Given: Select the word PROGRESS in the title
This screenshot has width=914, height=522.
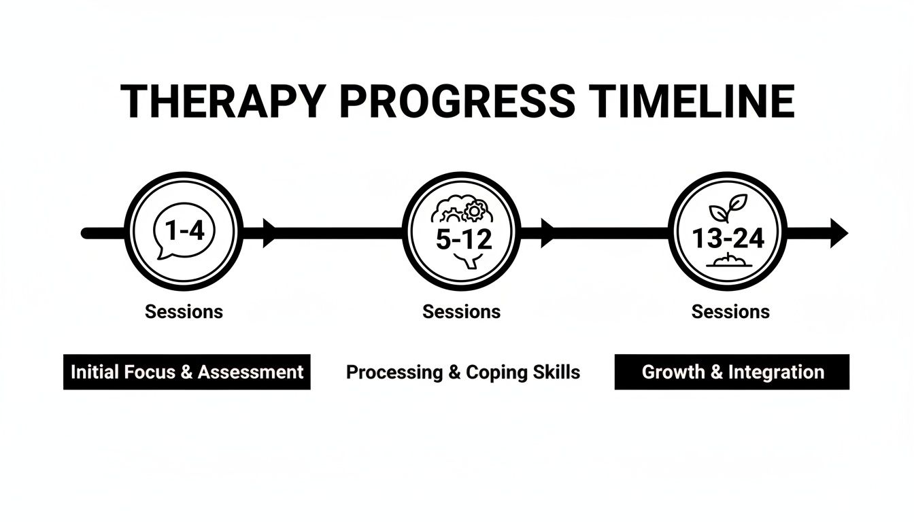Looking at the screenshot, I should pos(456,102).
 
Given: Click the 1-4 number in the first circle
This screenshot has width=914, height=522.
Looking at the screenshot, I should pos(184,232).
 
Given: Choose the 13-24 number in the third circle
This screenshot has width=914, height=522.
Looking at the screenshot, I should pos(728,238).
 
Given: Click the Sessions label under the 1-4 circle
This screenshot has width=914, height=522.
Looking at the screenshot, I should pos(184,312).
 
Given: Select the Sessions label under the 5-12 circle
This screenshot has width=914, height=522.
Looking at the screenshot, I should pos(461,312).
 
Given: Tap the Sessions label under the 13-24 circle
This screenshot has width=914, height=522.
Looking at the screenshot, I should pos(730,312).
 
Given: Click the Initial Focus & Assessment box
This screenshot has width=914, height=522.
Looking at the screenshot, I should pos(187,372).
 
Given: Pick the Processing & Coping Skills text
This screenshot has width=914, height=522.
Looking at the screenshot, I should pos(463,372).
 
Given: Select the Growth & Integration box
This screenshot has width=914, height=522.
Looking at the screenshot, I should pos(732,372).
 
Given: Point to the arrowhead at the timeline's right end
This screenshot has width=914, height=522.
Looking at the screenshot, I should pos(839,233).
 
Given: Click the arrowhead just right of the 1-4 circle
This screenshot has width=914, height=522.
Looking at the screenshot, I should pos(269,233).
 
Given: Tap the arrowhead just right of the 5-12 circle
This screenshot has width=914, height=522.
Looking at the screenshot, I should pos(547,233).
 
